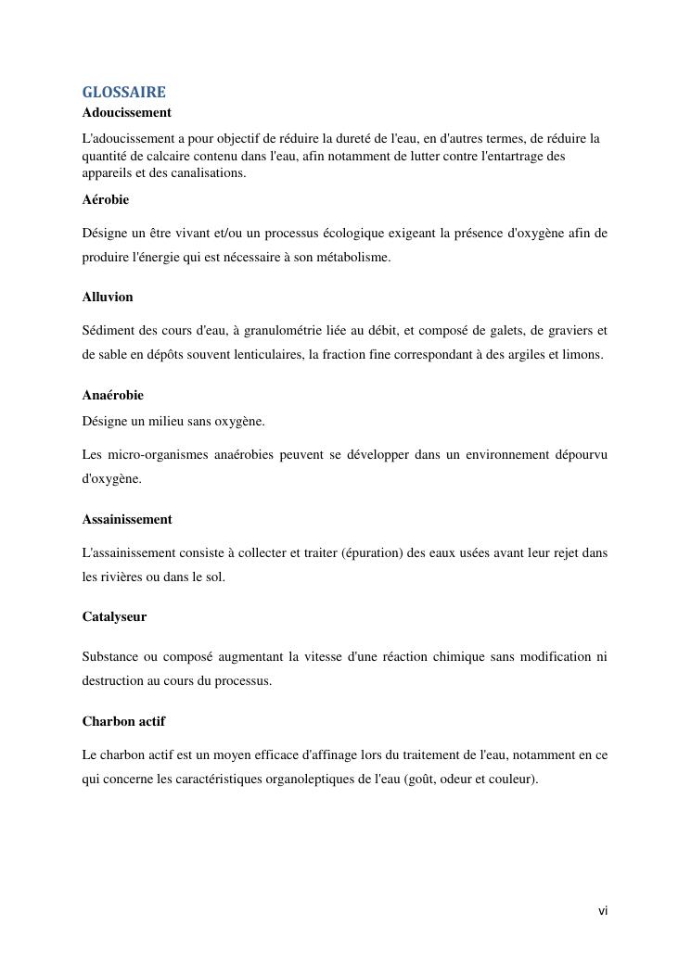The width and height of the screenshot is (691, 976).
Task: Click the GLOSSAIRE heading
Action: tap(124, 93)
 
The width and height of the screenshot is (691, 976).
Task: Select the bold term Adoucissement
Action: tap(127, 112)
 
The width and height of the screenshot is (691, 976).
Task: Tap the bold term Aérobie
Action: tap(106, 199)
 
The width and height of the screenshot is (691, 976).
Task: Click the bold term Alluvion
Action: tap(108, 297)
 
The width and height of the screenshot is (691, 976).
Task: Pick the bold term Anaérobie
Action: tap(113, 395)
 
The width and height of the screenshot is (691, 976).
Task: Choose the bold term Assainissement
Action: tap(127, 519)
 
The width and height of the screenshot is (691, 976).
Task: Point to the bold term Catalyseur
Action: tap(114, 616)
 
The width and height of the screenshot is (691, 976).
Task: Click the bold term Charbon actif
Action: tap(123, 721)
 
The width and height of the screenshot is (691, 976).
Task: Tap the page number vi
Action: tap(603, 911)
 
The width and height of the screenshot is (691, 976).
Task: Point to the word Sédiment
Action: tap(109, 330)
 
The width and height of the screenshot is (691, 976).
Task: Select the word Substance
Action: tap(109, 656)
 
